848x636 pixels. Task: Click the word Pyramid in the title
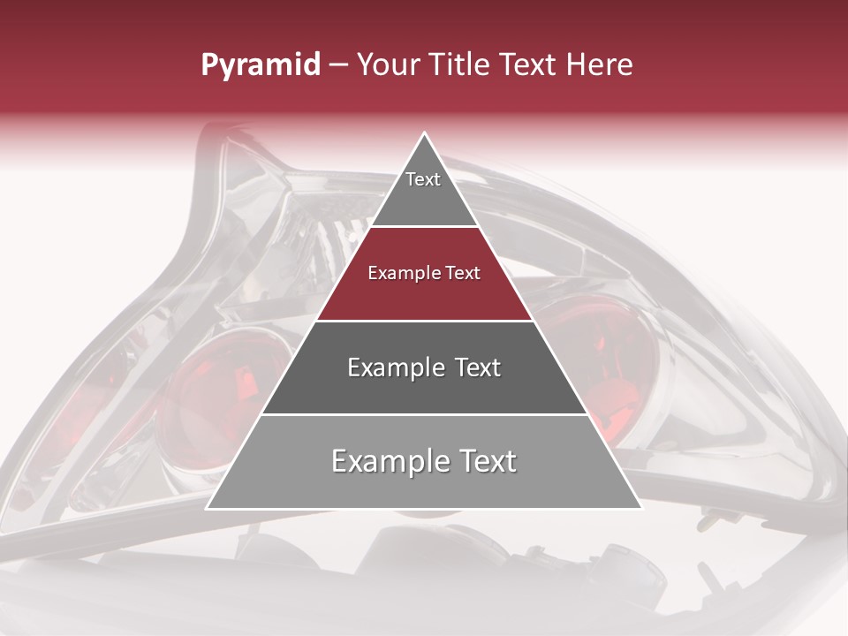click(260, 65)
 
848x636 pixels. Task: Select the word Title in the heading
click(461, 65)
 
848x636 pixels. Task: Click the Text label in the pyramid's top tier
click(423, 179)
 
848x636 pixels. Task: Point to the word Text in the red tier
click(464, 273)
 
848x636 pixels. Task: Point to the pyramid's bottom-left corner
click(208, 508)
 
